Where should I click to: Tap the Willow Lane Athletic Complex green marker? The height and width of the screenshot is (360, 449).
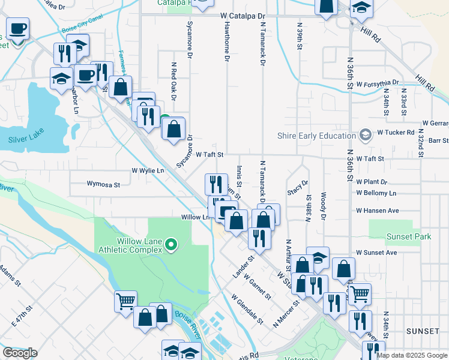point(170,244)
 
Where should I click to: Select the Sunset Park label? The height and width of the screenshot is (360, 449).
point(409,236)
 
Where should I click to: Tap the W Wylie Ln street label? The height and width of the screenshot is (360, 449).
point(148,170)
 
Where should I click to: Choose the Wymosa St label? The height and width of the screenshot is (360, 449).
point(104,184)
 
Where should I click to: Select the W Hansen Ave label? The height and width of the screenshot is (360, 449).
point(377,211)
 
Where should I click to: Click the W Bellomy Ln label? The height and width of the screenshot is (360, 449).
point(376,193)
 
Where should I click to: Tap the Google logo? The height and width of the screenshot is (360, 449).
point(20,353)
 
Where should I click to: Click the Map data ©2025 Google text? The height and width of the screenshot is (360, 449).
point(412,355)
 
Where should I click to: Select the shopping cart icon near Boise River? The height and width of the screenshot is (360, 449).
point(125,301)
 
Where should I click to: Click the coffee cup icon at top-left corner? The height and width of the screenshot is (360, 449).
point(18,28)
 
